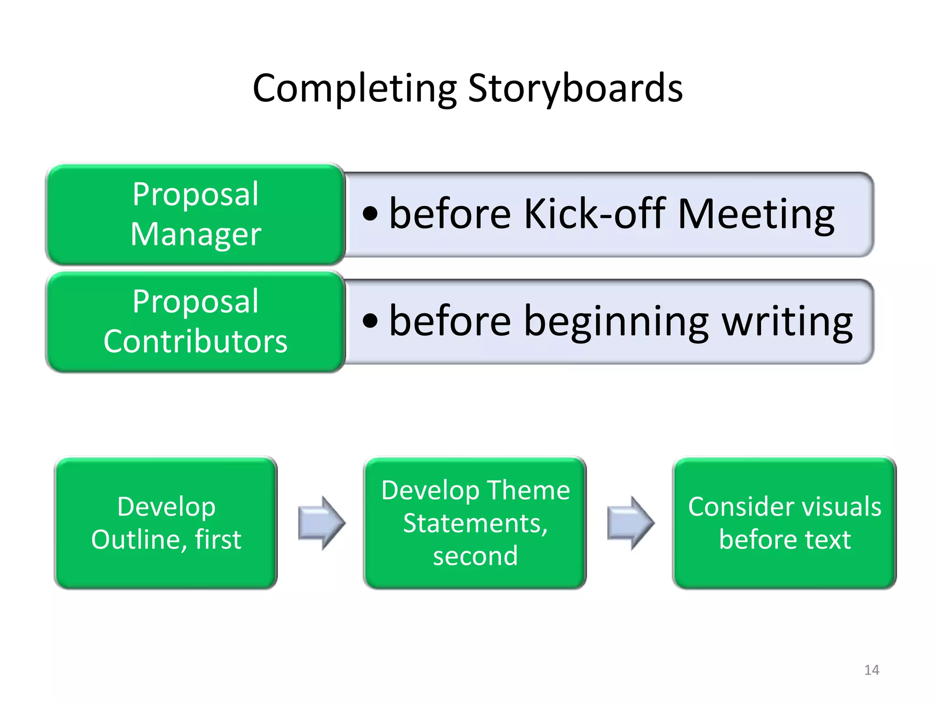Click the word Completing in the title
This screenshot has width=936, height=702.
pos(355,89)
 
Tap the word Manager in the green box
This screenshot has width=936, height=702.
pos(196,234)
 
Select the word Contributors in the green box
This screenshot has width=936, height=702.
pos(196,341)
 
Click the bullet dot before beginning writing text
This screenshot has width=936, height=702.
pos(370,321)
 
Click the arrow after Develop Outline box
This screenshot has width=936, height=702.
pos(321,523)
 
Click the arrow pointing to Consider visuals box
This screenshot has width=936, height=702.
pos(630,523)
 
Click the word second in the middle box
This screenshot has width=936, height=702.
pos(475,556)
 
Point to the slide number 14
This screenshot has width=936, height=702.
pos(872,670)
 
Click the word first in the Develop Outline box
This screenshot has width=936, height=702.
pos(218,540)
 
